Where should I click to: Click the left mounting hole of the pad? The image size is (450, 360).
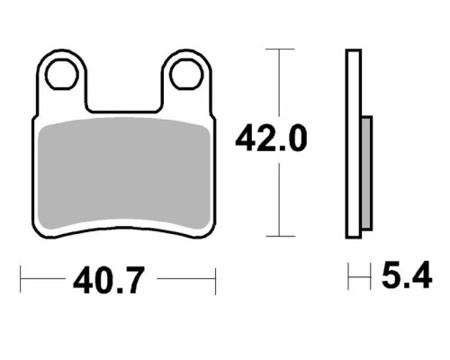coord(62,74)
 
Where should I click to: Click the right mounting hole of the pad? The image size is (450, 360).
coord(186,74)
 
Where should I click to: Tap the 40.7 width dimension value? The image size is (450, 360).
coord(109,280)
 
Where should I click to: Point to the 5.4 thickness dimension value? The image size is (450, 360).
coord(407,275)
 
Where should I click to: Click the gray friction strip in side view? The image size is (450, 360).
coord(367,173)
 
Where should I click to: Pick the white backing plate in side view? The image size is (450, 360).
coord(354,144)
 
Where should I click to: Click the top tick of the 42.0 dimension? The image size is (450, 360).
coord(280,49)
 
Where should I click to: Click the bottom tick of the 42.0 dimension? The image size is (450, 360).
coord(281,236)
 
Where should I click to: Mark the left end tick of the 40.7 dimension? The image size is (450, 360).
coord(21,279)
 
